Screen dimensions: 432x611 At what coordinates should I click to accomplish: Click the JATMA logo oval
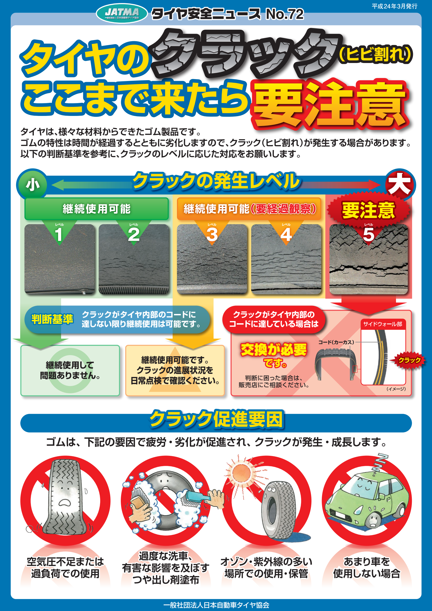coord(122,13)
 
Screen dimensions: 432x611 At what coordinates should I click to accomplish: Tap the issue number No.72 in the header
coord(284,14)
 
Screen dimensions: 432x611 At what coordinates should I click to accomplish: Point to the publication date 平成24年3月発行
coord(394,6)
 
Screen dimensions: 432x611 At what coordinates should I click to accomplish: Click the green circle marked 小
coord(32,185)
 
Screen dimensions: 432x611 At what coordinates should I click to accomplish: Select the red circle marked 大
coord(400,185)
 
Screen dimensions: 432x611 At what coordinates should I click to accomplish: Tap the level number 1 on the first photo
coord(59,234)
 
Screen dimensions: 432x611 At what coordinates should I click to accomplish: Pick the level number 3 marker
coord(212,234)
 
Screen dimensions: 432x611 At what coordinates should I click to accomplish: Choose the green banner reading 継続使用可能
coord(97,209)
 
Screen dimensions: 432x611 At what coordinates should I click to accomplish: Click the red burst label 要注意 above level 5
coord(368,210)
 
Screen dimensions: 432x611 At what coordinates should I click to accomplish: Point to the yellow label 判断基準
coord(52,319)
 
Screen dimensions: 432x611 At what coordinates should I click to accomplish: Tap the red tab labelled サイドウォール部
coord(383,324)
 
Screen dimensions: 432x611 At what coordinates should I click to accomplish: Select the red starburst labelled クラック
coord(409,360)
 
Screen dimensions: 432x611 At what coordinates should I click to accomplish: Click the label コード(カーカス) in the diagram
coord(336,342)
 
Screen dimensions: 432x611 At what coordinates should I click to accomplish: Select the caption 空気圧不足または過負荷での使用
coord(65,568)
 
